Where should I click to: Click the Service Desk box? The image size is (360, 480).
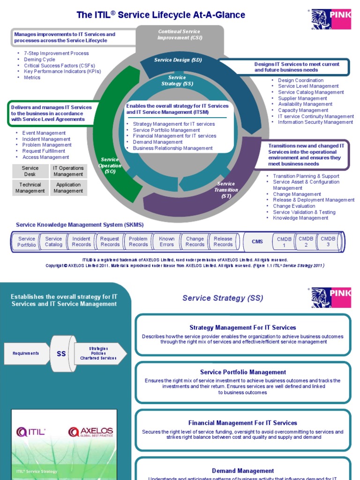pyautogui.click(x=30, y=171)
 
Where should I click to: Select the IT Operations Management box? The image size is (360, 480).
pyautogui.click(x=68, y=171)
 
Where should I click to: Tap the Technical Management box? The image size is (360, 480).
pyautogui.click(x=30, y=188)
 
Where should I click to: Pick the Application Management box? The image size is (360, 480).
pyautogui.click(x=68, y=188)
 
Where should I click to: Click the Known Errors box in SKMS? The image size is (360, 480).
pyautogui.click(x=166, y=241)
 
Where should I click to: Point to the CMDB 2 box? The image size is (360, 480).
pyautogui.click(x=306, y=241)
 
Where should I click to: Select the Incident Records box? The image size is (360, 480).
pyautogui.click(x=82, y=241)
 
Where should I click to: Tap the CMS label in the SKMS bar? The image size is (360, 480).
pyautogui.click(x=257, y=241)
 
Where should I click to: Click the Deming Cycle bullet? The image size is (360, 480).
pyautogui.click(x=39, y=60)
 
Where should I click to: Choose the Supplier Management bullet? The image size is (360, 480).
pyautogui.click(x=302, y=98)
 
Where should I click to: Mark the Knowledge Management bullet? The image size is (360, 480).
pyautogui.click(x=300, y=218)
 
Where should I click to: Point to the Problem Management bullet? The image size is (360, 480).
pyautogui.click(x=47, y=145)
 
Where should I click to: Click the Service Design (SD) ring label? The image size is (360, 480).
pyautogui.click(x=172, y=60)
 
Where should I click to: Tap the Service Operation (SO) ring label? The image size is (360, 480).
pyautogui.click(x=110, y=165)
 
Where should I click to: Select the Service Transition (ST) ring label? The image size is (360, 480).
pyautogui.click(x=226, y=190)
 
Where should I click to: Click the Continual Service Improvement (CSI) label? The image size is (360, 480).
pyautogui.click(x=179, y=35)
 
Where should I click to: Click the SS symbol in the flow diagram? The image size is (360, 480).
pyautogui.click(x=61, y=354)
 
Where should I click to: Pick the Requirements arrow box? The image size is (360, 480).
pyautogui.click(x=26, y=353)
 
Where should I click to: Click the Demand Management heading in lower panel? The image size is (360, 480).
pyautogui.click(x=243, y=471)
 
